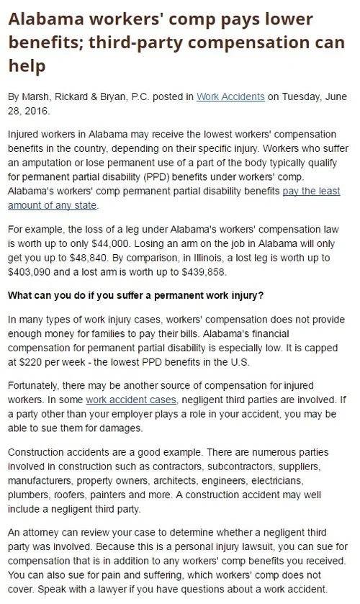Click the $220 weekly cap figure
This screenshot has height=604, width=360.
(x=45, y=360)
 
